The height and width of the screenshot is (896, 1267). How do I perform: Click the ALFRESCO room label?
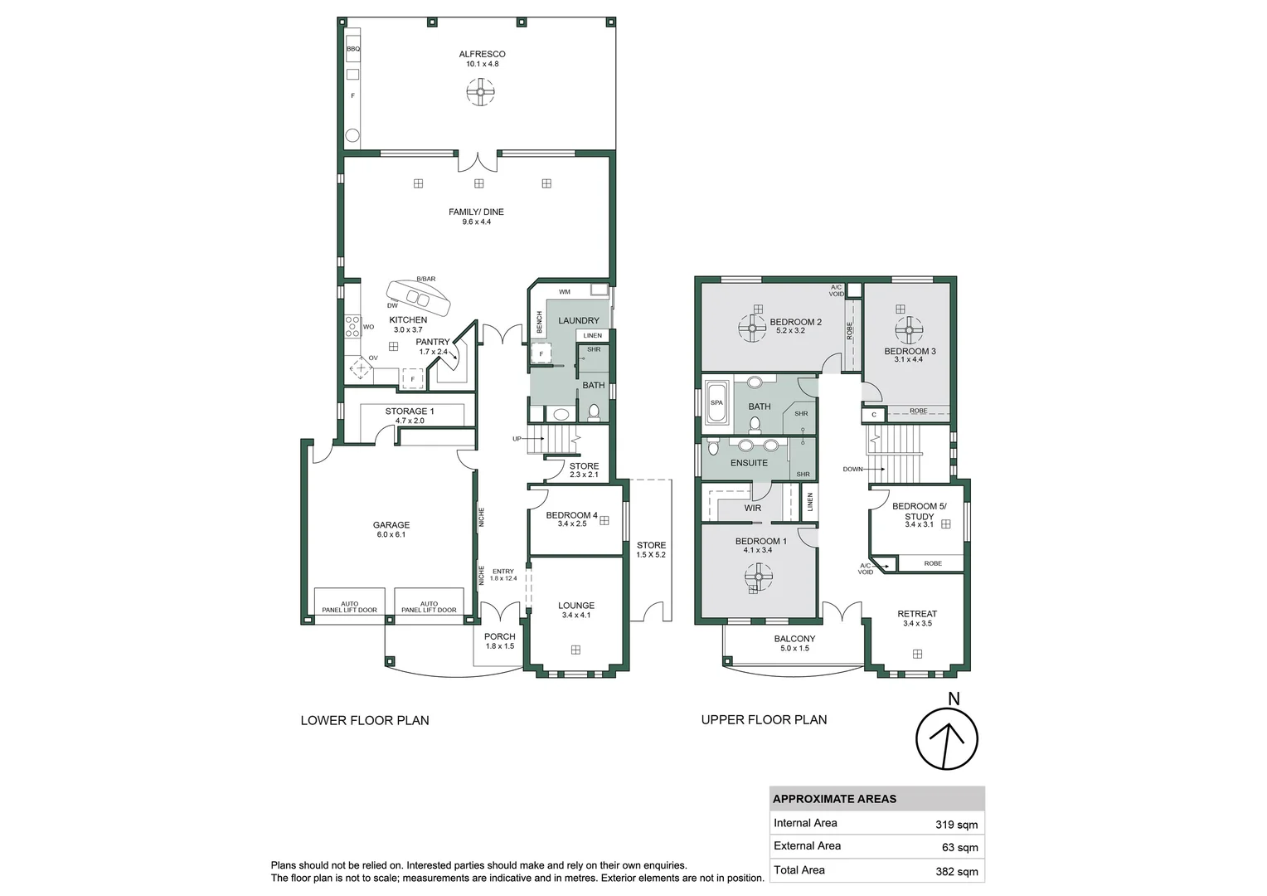[482, 54]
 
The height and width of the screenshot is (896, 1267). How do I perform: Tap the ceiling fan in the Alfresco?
[480, 91]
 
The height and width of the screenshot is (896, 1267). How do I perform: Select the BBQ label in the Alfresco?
[353, 49]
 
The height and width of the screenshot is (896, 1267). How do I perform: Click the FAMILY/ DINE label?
[476, 212]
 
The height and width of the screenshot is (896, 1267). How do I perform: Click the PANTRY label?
[432, 342]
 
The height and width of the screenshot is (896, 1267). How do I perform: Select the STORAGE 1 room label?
[409, 411]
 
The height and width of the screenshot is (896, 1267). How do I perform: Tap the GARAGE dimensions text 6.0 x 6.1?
[391, 535]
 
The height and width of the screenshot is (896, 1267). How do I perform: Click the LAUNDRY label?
[578, 320]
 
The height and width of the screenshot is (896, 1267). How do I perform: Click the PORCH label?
[499, 636]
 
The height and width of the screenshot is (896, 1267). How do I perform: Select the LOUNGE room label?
[575, 606]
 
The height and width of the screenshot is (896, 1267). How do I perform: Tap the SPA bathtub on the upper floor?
[716, 403]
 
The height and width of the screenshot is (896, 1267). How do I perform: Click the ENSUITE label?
[749, 463]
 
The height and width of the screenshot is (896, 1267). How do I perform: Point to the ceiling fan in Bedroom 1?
[758, 575]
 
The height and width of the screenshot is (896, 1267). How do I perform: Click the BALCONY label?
[794, 639]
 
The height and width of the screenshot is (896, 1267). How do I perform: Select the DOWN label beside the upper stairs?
[852, 470]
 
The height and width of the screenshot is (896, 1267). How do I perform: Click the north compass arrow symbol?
[947, 738]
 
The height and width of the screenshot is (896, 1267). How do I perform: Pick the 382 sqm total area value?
[956, 871]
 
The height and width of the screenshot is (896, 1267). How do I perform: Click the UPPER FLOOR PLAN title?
[764, 720]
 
